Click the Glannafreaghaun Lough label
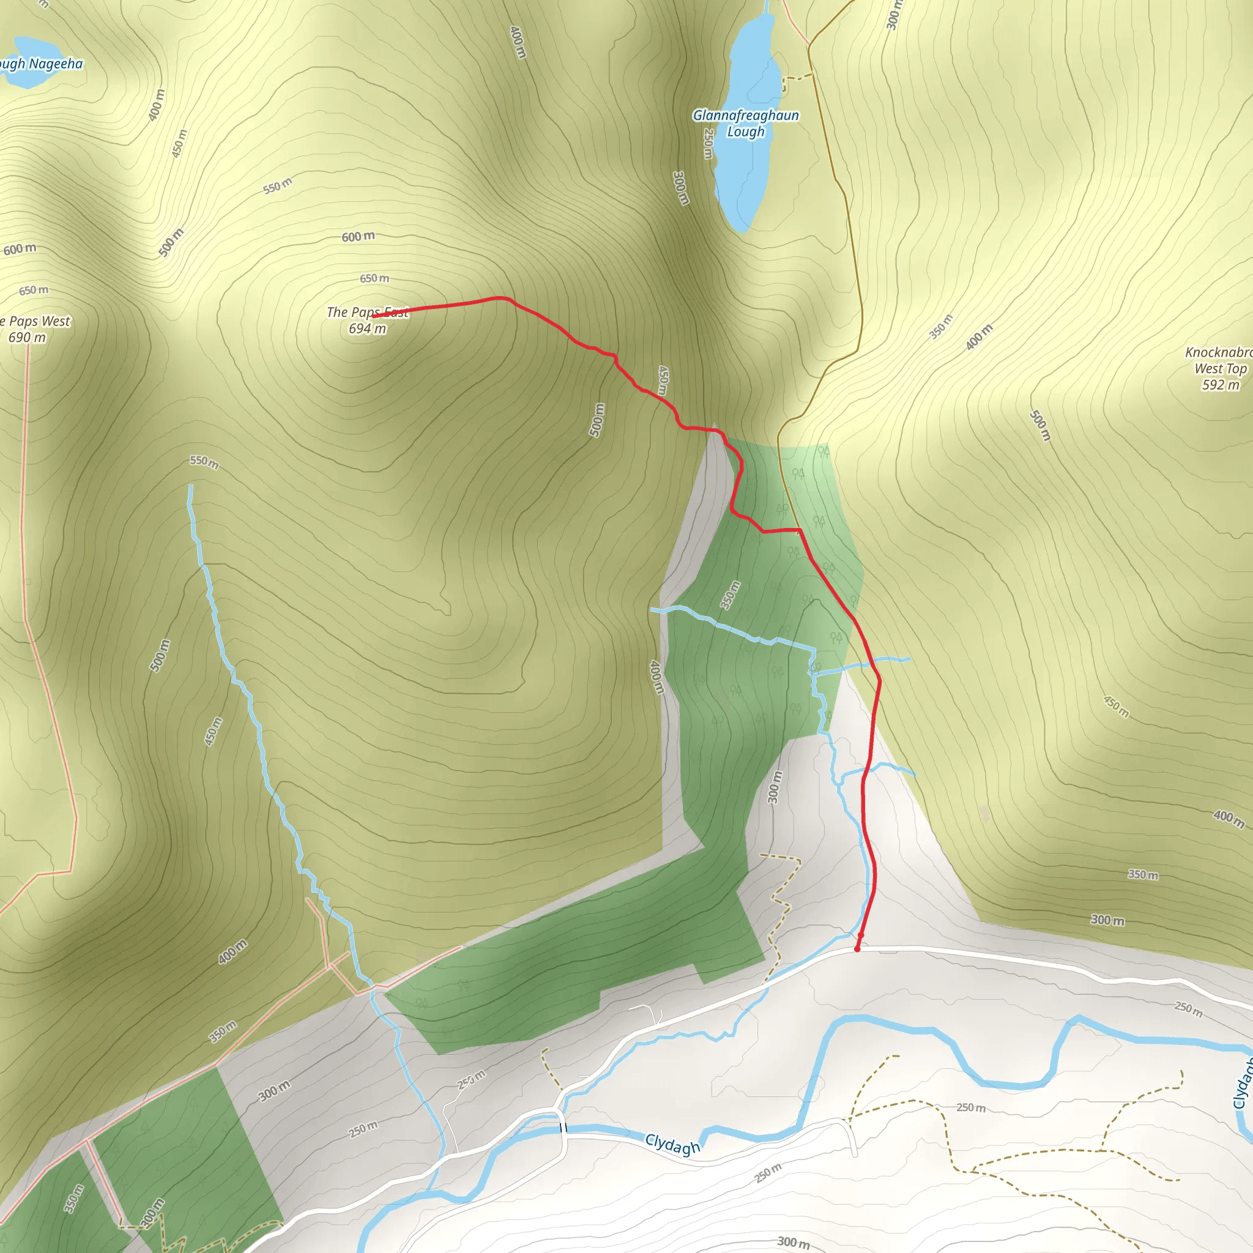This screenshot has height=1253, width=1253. coord(746,123)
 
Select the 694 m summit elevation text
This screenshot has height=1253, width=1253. coord(367,329)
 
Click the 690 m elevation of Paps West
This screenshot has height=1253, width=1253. coord(28,337)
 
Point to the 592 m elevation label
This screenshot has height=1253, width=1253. coord(1221,385)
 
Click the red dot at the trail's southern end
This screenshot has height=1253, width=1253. coord(857,949)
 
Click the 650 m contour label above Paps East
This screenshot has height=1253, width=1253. coord(375,278)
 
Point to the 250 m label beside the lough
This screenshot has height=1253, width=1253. coord(708,143)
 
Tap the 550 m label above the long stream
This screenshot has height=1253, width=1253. coord(204,462)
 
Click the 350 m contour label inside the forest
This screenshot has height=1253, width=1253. coord(731,595)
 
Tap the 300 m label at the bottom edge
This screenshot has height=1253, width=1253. coord(793,1242)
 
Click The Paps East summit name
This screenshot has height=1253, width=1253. coord(367,313)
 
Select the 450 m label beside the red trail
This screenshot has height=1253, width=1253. coord(662,380)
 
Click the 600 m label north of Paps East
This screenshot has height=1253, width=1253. coord(358,237)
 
